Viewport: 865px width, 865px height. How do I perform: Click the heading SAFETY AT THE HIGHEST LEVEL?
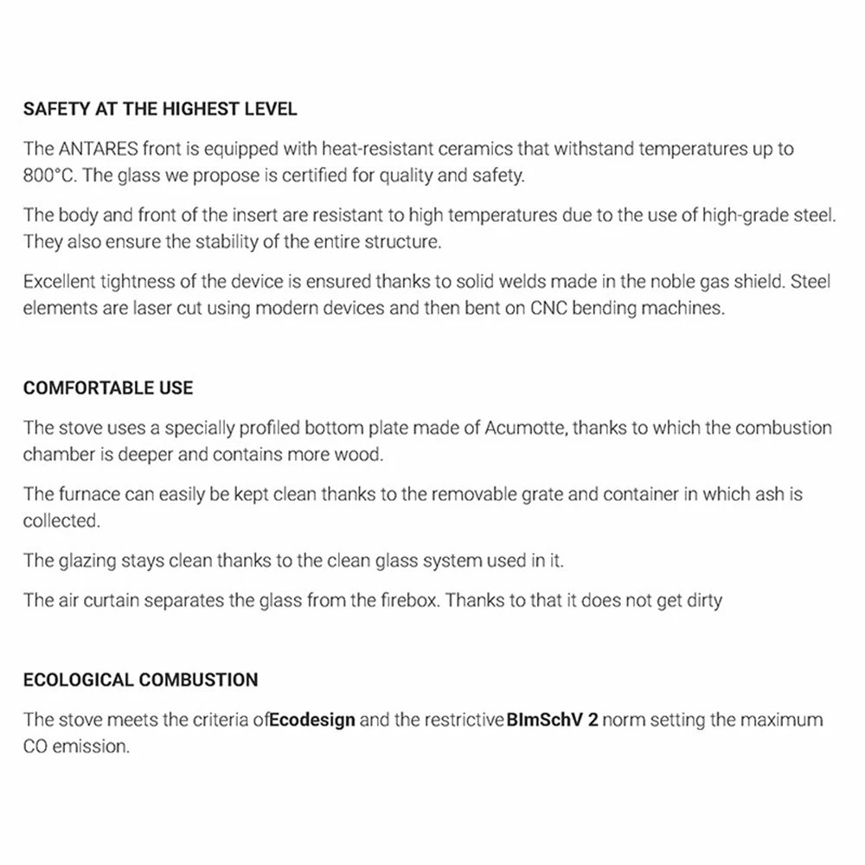pyautogui.click(x=160, y=110)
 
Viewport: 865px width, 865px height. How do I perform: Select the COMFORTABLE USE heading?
pyautogui.click(x=108, y=388)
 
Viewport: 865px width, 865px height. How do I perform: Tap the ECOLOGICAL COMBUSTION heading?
pyautogui.click(x=140, y=679)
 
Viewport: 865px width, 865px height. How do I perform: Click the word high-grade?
pyautogui.click(x=751, y=215)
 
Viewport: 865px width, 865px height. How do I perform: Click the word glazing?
pyautogui.click(x=93, y=561)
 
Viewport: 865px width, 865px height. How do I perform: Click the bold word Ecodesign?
pyautogui.click(x=312, y=720)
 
